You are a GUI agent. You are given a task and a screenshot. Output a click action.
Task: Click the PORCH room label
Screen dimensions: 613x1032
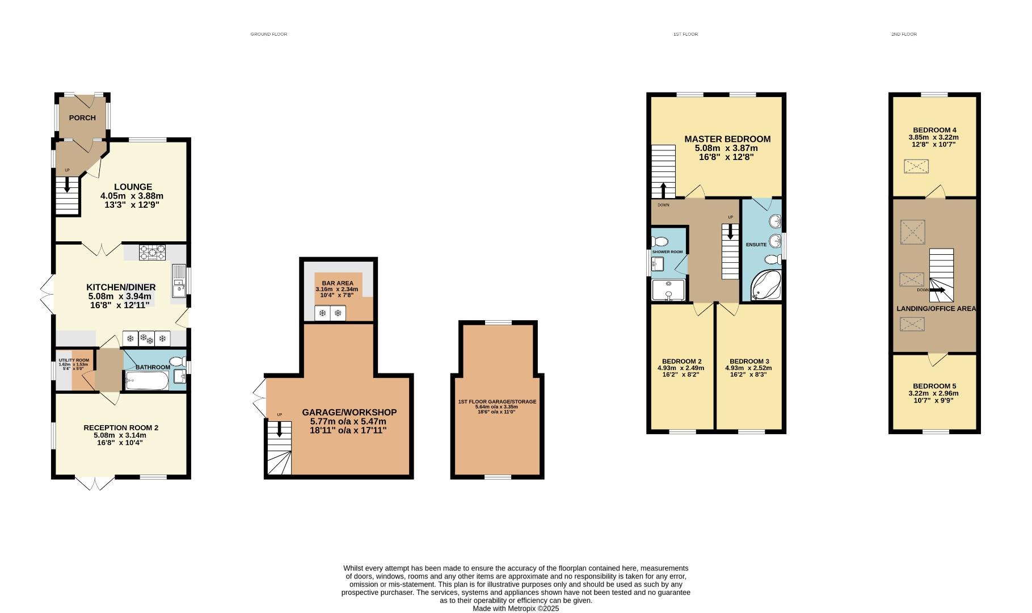82,118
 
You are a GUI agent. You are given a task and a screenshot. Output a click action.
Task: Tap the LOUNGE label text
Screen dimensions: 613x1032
133,187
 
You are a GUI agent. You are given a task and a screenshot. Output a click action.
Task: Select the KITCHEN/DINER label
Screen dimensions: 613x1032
121,287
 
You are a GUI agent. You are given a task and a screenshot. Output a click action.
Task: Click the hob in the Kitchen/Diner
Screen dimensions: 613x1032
152,252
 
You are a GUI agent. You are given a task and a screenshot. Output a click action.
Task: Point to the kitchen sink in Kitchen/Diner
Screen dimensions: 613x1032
179,280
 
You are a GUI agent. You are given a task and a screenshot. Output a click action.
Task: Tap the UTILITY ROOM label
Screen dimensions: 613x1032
74,360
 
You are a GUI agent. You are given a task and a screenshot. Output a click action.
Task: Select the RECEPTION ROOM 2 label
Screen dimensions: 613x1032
120,427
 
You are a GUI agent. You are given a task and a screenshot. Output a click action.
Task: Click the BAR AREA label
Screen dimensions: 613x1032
337,283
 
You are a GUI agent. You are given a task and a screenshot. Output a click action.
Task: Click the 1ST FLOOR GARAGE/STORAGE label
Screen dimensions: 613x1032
497,401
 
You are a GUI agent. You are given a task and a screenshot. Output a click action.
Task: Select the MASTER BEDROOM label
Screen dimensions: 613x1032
727,139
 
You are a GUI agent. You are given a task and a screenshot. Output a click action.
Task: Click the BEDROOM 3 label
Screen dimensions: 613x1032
749,361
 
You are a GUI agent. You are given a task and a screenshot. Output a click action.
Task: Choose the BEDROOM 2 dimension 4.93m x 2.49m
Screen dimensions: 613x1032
683,368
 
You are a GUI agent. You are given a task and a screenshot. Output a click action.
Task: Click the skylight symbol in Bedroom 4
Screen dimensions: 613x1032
916,166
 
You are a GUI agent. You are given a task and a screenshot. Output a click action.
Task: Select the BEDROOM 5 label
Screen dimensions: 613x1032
934,386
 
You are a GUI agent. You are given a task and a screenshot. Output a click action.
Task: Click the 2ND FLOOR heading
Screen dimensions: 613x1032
904,34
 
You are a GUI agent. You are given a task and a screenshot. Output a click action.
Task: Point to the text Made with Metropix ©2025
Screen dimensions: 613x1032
516,608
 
